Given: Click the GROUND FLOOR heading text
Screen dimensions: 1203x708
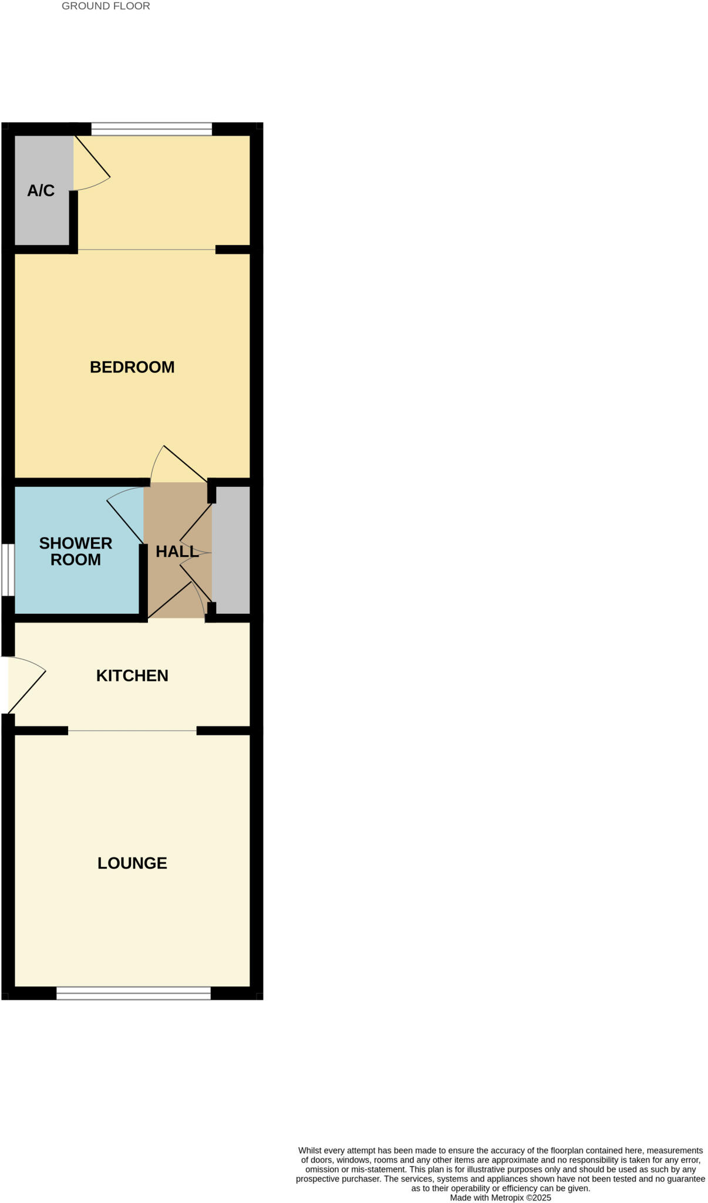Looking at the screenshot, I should click(x=106, y=6).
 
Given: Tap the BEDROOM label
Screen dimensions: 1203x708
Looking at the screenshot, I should click(x=132, y=367).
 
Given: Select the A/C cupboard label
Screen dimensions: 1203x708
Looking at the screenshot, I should click(x=41, y=190).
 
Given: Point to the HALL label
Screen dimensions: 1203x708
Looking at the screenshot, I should click(x=177, y=552).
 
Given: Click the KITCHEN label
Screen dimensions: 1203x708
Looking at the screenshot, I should click(x=132, y=676).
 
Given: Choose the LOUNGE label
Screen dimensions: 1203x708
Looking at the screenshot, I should click(x=132, y=863).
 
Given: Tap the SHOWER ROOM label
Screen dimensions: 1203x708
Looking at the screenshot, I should click(x=76, y=552).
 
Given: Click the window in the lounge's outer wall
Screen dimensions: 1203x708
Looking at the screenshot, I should click(x=133, y=993).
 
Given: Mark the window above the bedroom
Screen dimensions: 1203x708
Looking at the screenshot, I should click(x=151, y=129).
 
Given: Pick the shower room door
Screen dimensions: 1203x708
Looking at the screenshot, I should click(x=125, y=517).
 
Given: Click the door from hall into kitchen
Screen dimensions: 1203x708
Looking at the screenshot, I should click(x=176, y=599).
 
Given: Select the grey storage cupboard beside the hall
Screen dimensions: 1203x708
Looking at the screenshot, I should click(x=231, y=549).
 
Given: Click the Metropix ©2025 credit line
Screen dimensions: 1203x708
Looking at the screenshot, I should click(x=500, y=1197).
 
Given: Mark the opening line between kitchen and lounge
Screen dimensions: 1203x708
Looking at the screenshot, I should click(x=132, y=731).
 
